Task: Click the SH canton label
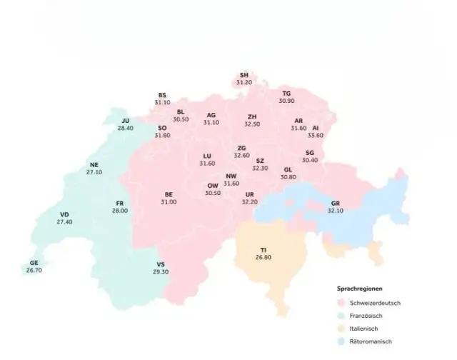[x=244, y=75]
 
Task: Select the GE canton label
[x=34, y=263]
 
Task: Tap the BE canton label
[x=169, y=194]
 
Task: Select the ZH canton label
[x=252, y=116]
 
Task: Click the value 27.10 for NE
[x=94, y=172]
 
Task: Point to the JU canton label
[x=126, y=121]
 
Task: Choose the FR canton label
[x=119, y=204]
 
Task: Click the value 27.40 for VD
[x=64, y=222]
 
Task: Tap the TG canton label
[x=286, y=94]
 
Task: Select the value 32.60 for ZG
[x=242, y=155]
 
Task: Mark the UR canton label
[x=249, y=194]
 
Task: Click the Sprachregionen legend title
[x=359, y=289]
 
